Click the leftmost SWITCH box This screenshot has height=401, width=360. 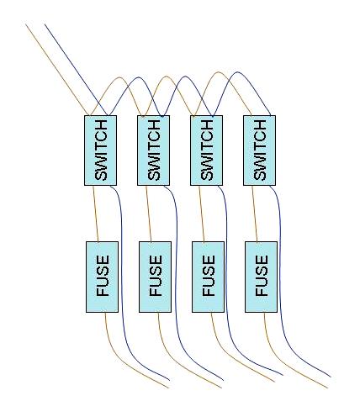click(100, 150)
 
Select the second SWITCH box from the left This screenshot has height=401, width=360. click(153, 150)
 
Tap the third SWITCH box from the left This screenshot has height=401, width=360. click(206, 150)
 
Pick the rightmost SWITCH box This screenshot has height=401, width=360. click(259, 150)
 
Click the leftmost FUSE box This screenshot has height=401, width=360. click(102, 277)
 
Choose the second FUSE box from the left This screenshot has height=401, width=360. click(155, 277)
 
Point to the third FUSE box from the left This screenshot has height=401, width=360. click(208, 277)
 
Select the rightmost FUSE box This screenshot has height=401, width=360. click(261, 277)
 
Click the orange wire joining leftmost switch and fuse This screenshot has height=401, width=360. click(96, 214)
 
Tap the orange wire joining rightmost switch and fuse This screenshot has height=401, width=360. click(255, 214)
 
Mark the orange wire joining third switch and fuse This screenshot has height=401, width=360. click(202, 214)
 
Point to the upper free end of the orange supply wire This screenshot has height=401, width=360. click(25, 24)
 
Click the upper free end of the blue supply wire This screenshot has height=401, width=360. click(45, 24)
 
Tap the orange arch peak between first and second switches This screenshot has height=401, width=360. click(119, 77)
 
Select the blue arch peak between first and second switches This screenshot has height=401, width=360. click(138, 77)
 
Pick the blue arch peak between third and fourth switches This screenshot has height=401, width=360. click(237, 72)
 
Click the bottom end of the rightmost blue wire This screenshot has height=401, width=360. click(331, 377)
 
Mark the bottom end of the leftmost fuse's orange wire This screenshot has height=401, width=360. click(169, 388)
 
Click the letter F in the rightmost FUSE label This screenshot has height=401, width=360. click(262, 291)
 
